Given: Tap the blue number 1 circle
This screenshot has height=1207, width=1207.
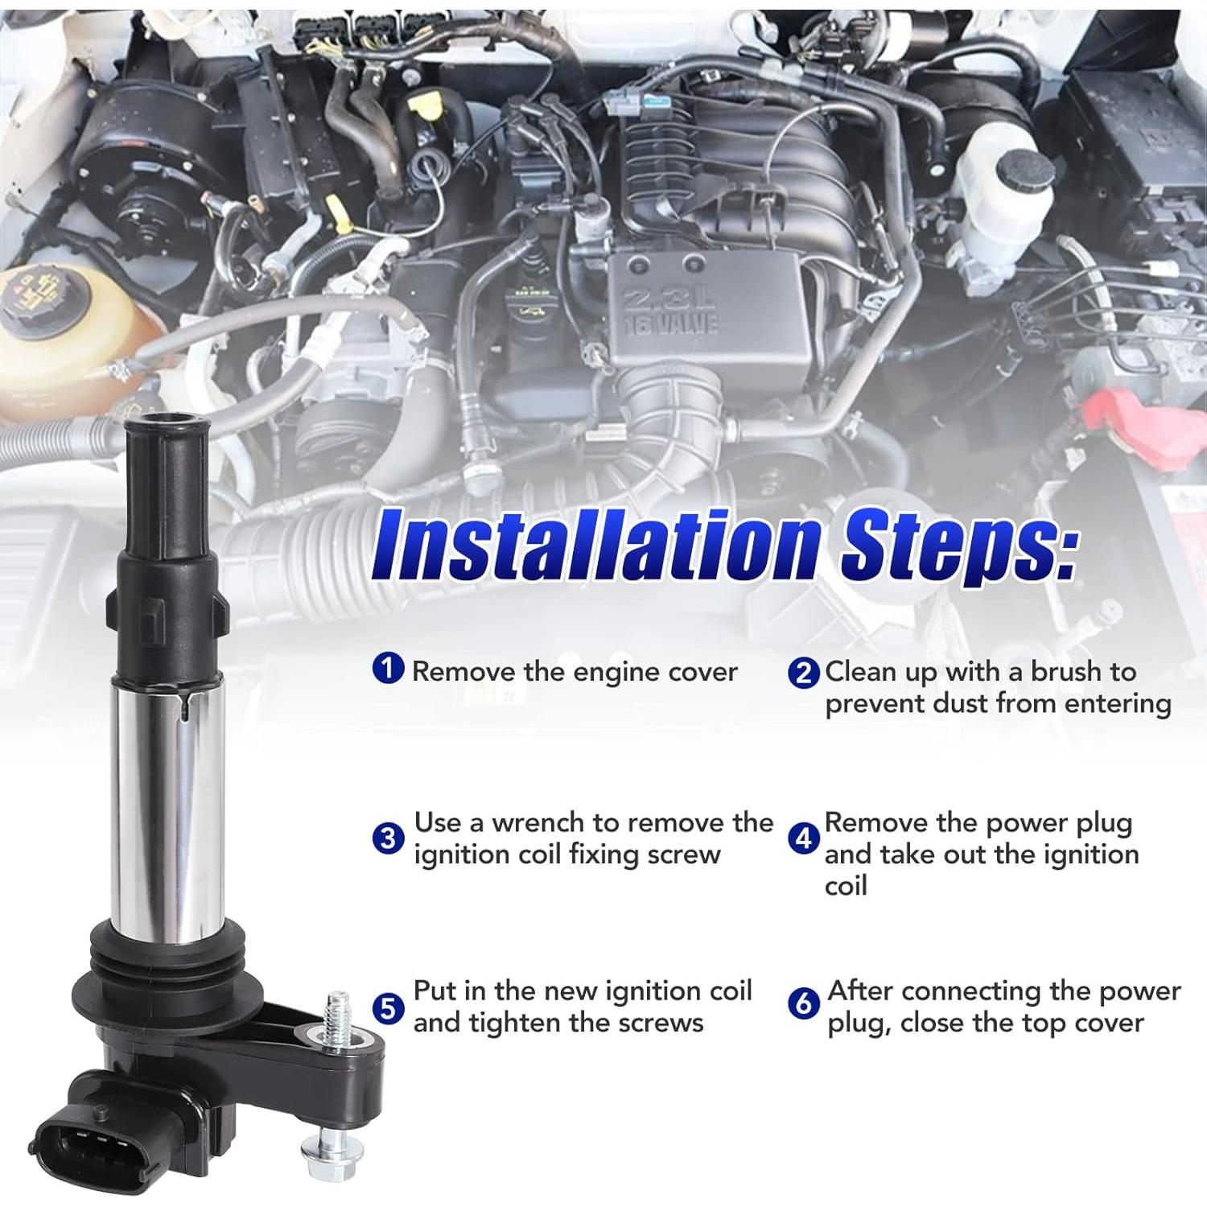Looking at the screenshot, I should [x=389, y=668].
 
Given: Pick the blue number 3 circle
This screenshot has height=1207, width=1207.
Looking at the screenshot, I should [x=389, y=838].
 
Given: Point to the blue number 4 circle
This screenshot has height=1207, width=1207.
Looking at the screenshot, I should [x=803, y=838].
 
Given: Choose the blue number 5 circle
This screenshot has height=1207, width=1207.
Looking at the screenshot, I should [x=389, y=1007].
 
